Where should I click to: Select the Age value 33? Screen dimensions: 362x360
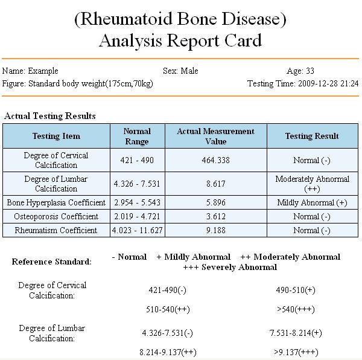point(310,71)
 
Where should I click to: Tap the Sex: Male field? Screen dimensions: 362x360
point(180,71)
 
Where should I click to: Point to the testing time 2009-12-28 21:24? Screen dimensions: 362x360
point(328,83)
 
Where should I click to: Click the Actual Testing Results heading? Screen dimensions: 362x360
point(50,116)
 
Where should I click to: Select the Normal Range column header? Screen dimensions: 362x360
point(137,136)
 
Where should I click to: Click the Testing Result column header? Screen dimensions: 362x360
point(312,136)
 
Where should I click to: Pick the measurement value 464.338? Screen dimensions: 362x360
point(216,160)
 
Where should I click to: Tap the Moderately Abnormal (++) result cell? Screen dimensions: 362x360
point(312,184)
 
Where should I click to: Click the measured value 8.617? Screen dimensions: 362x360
point(216,184)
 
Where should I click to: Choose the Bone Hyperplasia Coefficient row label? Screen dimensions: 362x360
point(56,202)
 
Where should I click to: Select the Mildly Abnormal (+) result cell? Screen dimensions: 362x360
point(312,202)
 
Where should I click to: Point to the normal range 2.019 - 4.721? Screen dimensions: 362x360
point(137,216)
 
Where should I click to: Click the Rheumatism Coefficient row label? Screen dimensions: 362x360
point(56,230)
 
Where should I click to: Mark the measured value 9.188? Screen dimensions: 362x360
point(216,230)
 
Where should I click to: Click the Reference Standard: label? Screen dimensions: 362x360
point(52,262)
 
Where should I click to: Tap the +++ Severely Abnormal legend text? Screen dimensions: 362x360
point(230,267)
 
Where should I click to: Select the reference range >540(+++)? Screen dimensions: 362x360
point(296,309)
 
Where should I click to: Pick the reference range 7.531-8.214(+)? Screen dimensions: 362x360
point(296,333)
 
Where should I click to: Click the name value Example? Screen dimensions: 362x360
point(43,71)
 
